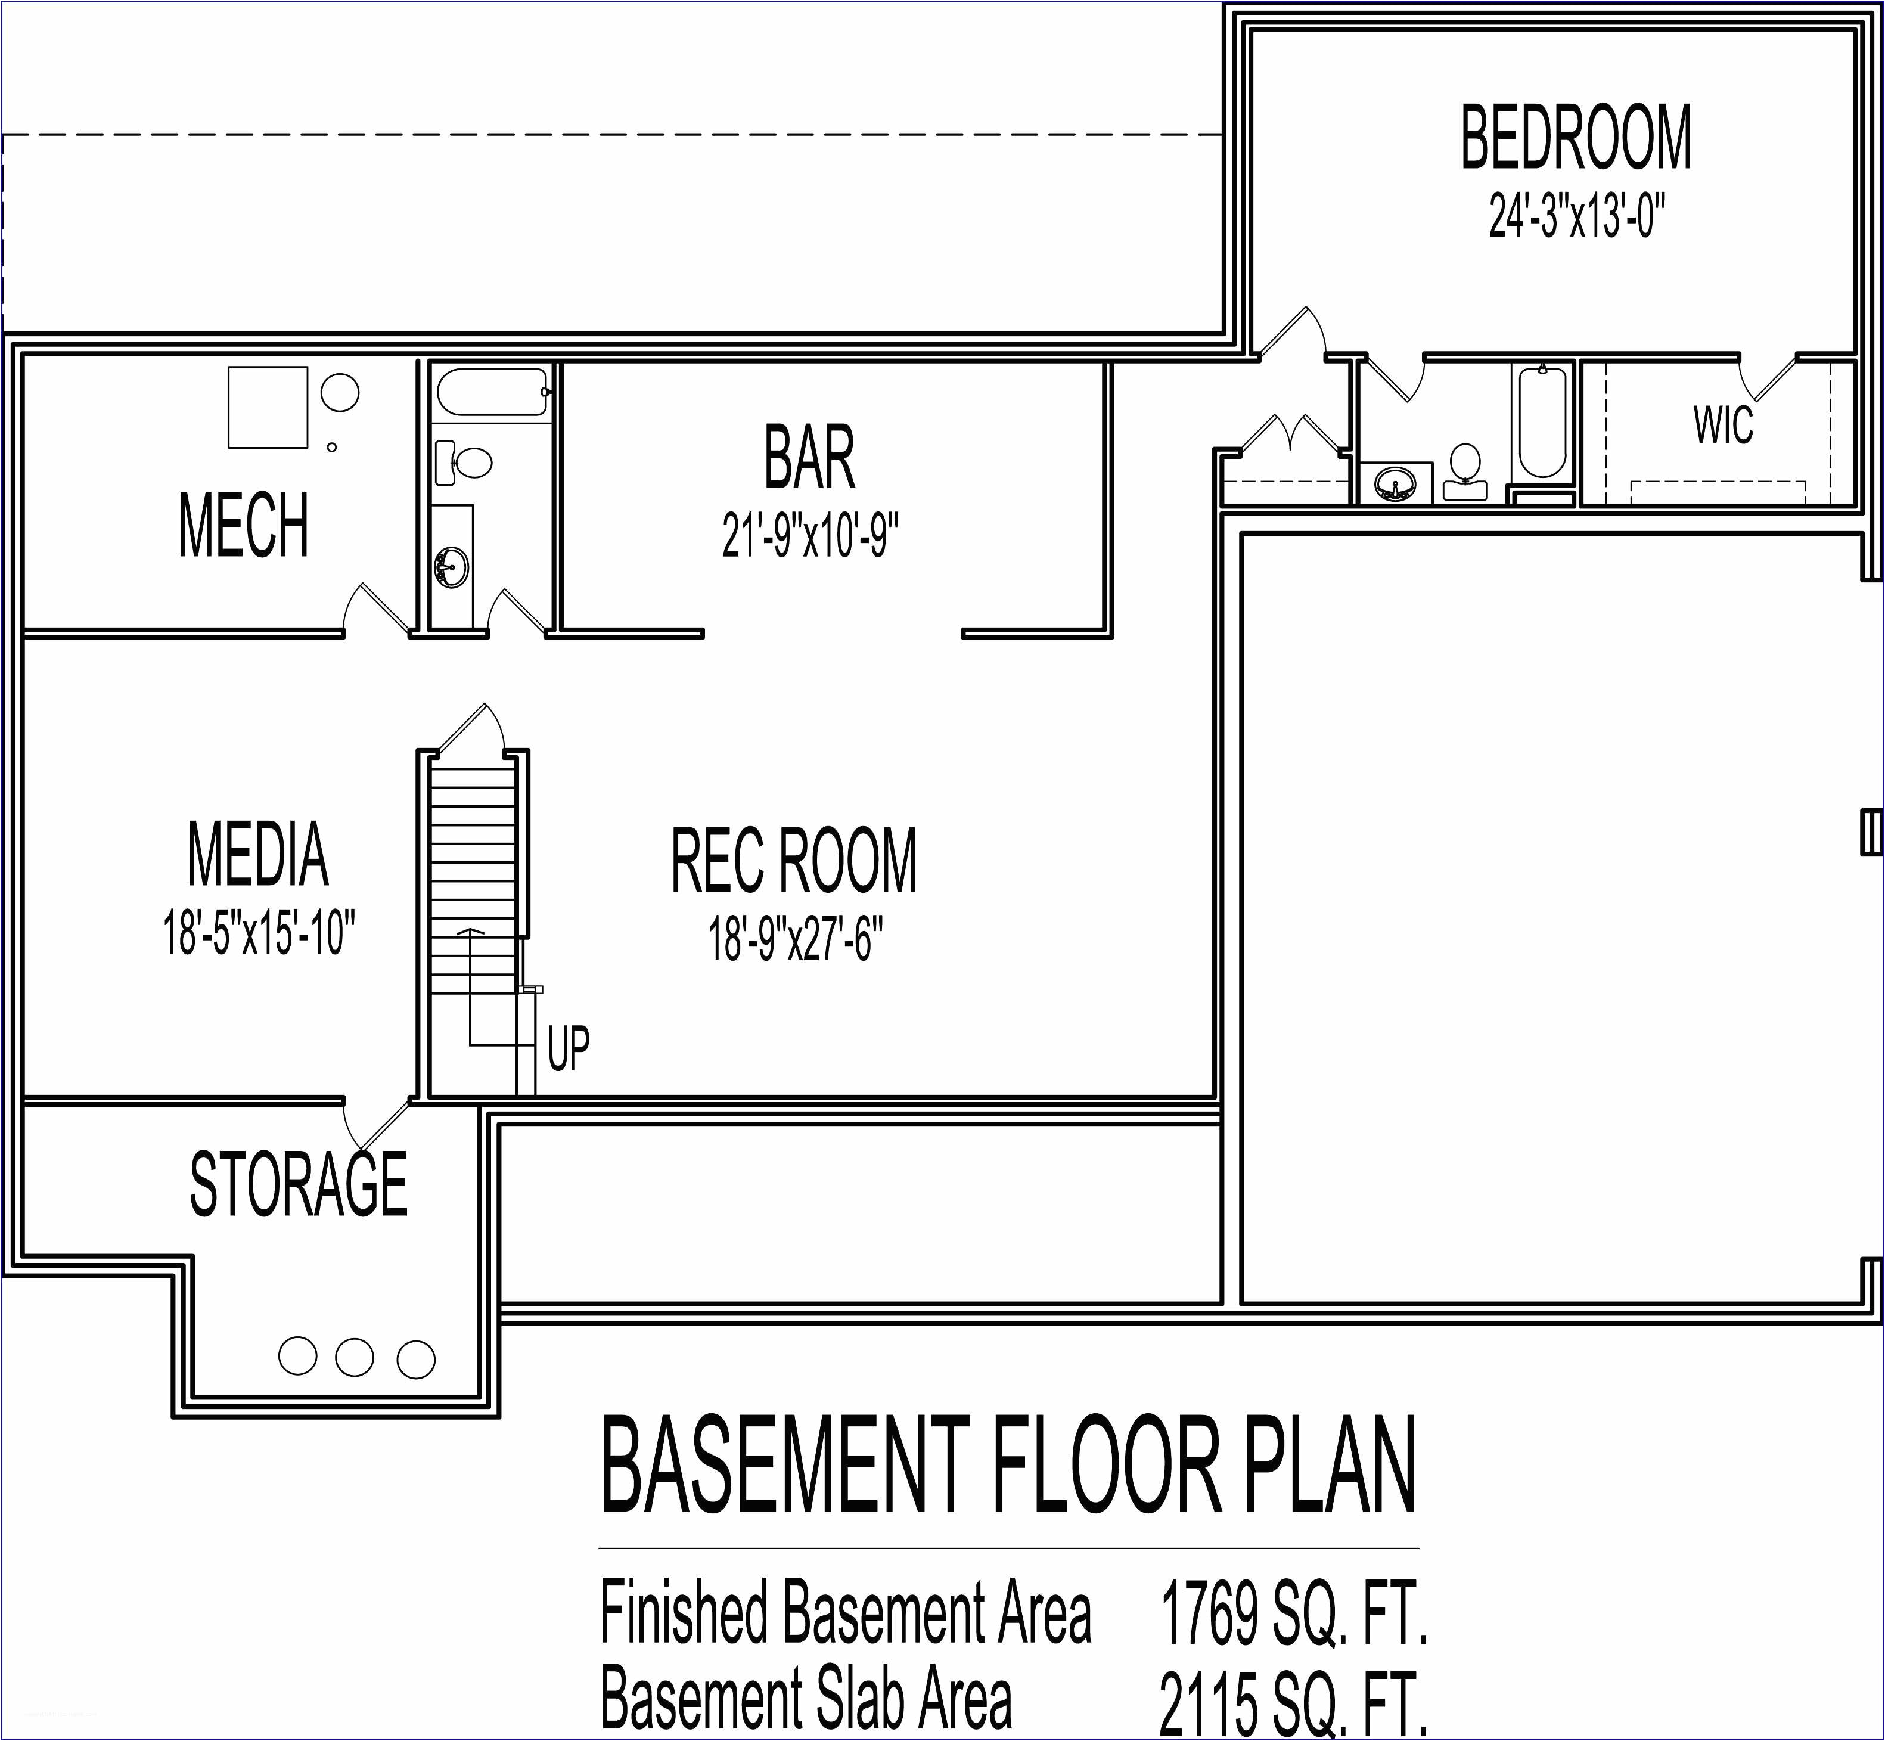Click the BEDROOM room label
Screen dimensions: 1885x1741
pos(1575,138)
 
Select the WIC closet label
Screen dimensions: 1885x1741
pos(1723,425)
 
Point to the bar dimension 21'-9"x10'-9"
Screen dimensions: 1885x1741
pos(809,535)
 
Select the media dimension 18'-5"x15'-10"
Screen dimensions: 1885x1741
pos(259,933)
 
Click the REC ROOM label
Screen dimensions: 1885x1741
pos(793,860)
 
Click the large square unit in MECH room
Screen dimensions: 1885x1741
pos(268,407)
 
